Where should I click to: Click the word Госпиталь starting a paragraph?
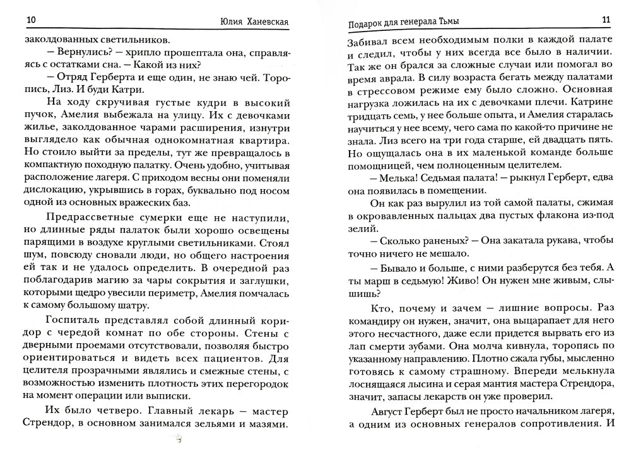(x=73, y=320)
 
